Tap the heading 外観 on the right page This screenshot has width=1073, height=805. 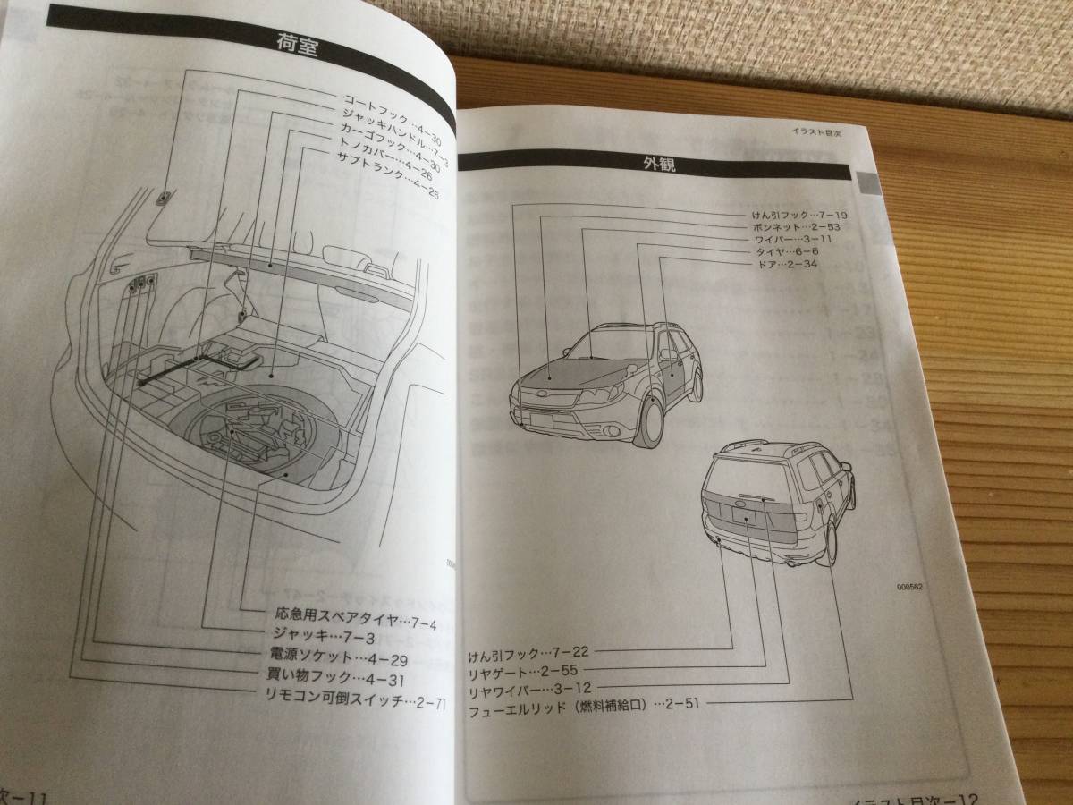pyautogui.click(x=657, y=164)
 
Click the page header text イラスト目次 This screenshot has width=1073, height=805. pyautogui.click(x=817, y=132)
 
